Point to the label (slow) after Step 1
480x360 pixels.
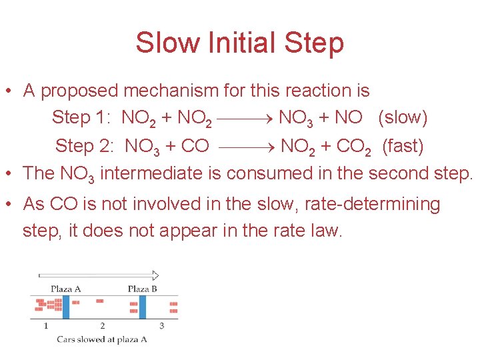tap(403, 118)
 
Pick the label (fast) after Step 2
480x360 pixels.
tap(403, 145)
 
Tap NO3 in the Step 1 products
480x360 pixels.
tap(295, 119)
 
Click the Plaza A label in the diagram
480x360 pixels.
tap(66, 289)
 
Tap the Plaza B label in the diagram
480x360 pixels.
tap(142, 289)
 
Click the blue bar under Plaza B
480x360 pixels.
tap(142, 307)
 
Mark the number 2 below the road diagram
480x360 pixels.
tap(102, 325)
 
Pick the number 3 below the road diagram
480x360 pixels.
tap(162, 325)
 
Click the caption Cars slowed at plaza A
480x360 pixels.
tap(101, 339)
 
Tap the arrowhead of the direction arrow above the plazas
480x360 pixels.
tap(155, 275)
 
